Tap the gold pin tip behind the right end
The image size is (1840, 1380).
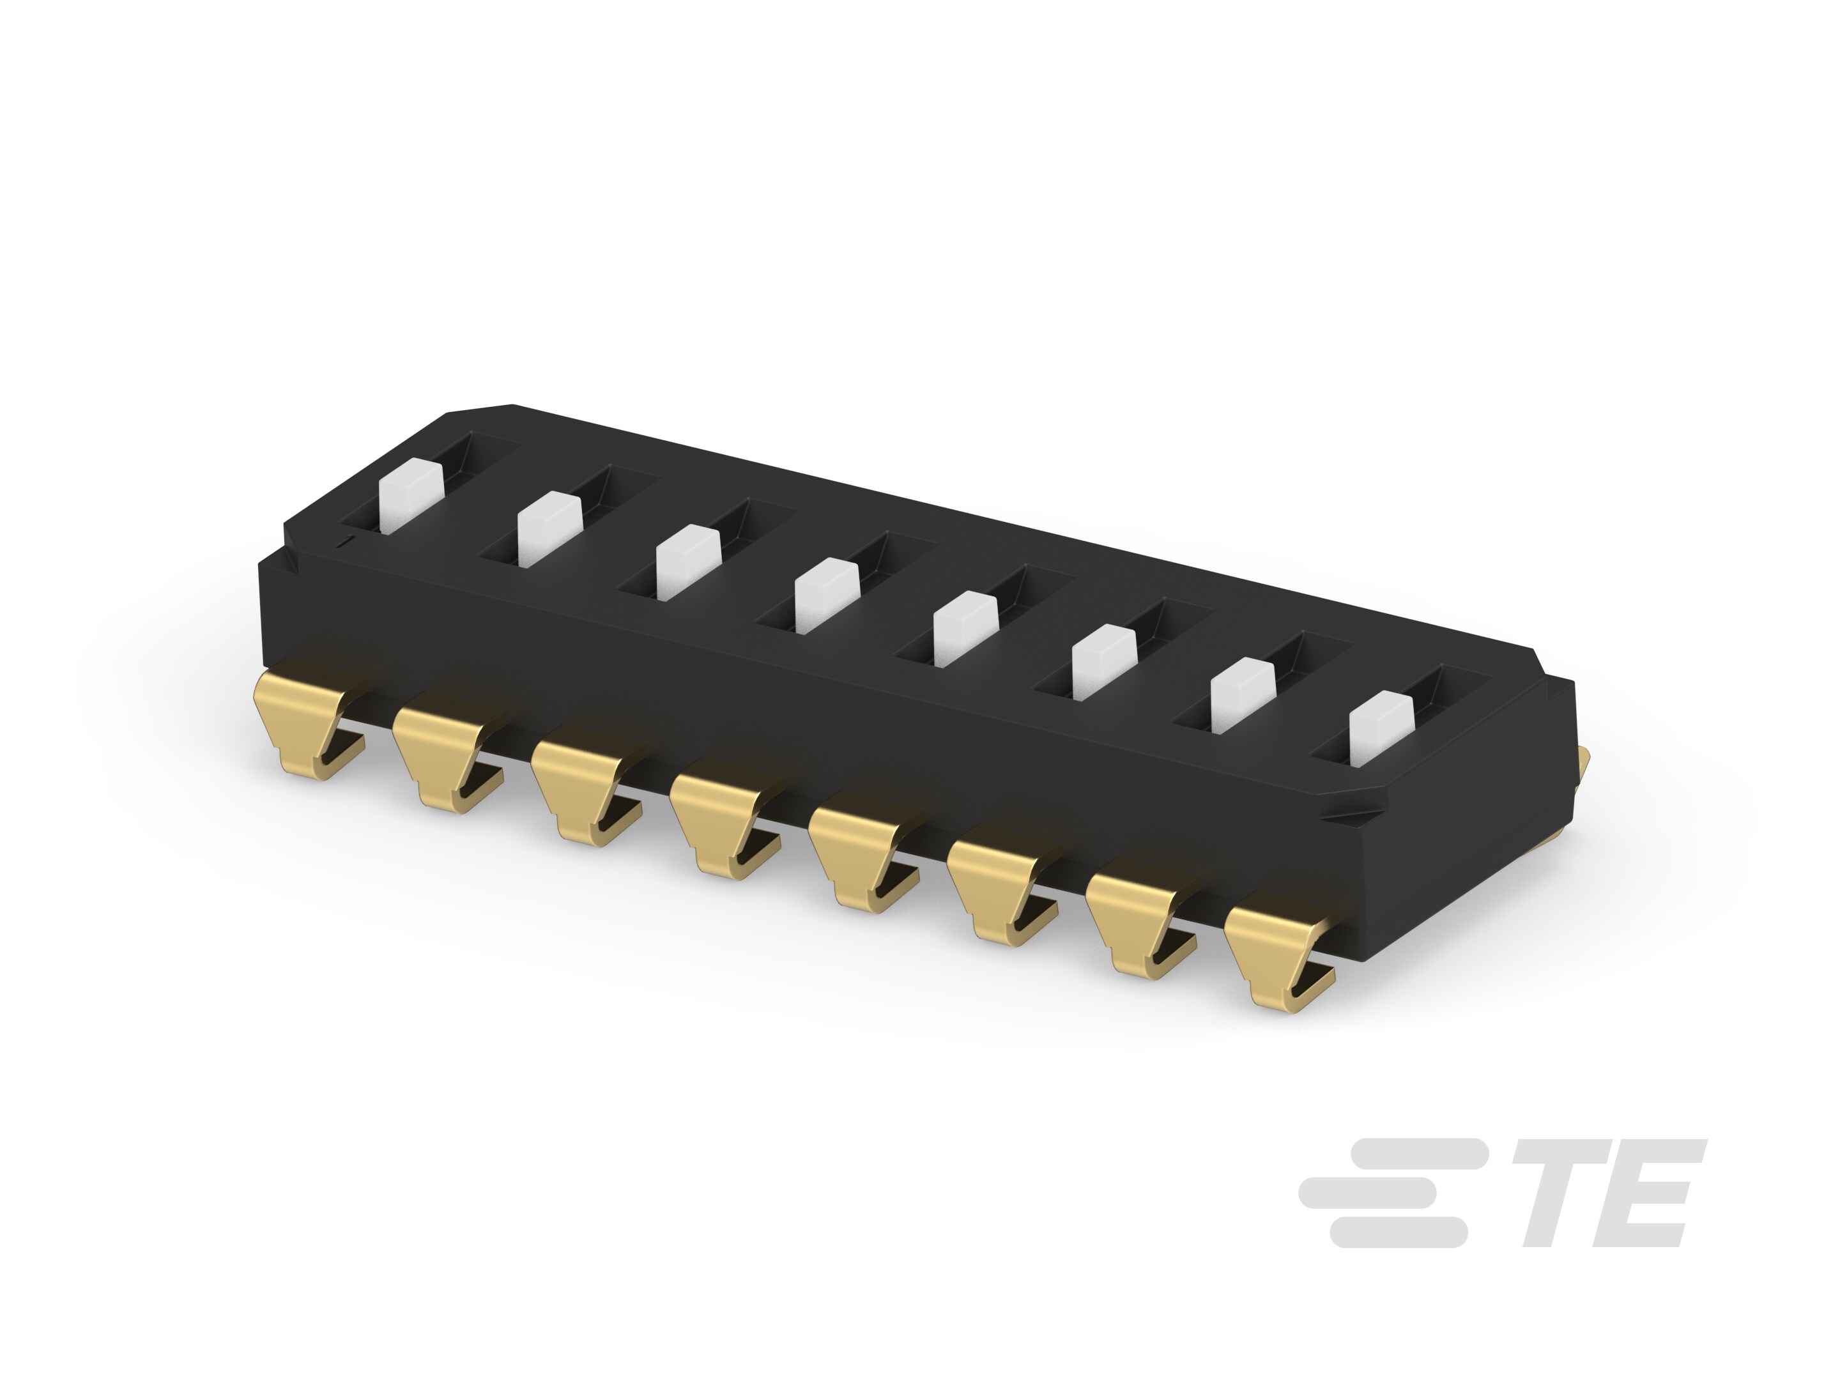click(x=1583, y=760)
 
